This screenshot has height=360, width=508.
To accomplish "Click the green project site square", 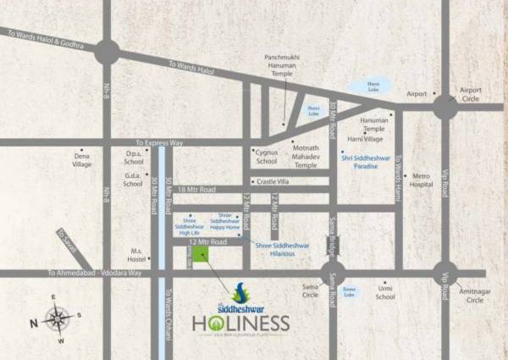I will pos(201,254).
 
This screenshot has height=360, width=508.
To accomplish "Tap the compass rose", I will pos(57,320).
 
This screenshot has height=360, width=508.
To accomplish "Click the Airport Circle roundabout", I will pos(444,108).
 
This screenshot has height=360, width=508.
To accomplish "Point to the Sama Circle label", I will pos(311,292).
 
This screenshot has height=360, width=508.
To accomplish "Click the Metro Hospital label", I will pos(421,180).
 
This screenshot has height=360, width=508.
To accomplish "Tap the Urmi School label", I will pos(385,292).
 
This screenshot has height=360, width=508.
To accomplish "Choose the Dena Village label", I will pos(82,161).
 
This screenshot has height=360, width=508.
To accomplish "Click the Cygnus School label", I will pos(266,157).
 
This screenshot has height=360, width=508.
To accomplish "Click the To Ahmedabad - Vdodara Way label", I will pos(95,274).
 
